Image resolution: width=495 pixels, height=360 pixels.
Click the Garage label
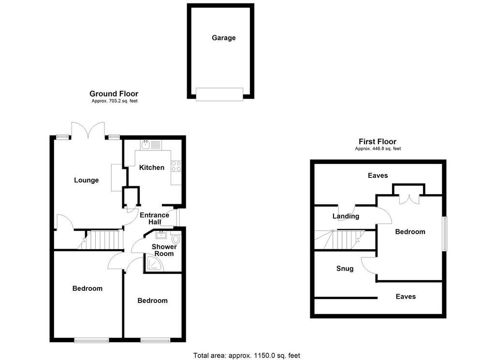(223, 38)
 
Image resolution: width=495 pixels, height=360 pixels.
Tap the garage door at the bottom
(219, 94)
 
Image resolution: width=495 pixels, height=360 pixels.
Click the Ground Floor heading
(114, 93)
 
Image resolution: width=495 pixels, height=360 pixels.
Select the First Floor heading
(377, 142)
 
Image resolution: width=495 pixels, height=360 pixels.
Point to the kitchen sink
(146, 145)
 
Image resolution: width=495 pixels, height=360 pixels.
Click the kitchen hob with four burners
(176, 166)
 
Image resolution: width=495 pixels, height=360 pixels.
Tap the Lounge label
(86, 180)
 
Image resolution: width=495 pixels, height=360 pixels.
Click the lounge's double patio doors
(88, 130)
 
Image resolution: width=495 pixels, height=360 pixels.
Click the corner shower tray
(155, 263)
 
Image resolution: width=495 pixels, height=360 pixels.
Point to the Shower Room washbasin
(161, 235)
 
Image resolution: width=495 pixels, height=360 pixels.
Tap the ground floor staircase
(100, 240)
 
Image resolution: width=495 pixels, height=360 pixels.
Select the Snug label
(345, 269)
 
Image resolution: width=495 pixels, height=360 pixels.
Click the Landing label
(346, 216)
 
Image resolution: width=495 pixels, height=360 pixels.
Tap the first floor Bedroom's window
(445, 234)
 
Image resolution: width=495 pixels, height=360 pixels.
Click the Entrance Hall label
(154, 218)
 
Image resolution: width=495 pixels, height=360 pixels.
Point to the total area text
(247, 356)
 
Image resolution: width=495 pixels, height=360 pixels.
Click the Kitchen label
(151, 167)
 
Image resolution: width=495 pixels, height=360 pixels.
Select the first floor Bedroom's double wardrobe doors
(409, 199)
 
